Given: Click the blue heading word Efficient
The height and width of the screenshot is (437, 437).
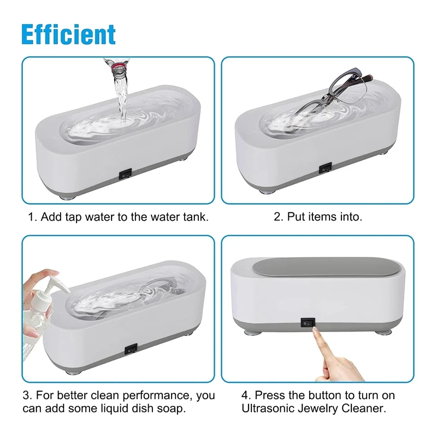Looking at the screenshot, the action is coord(69,34).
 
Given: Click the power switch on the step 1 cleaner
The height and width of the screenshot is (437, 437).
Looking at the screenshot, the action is coord(125,175).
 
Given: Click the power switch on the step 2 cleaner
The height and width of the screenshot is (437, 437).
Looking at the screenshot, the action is coord(325,168).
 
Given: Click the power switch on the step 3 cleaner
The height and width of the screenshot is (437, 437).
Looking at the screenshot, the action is coord(130,350).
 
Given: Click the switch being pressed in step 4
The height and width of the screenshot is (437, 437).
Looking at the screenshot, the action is coord(308,323).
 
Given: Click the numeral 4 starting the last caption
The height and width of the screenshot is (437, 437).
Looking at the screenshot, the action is coord(245,395).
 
